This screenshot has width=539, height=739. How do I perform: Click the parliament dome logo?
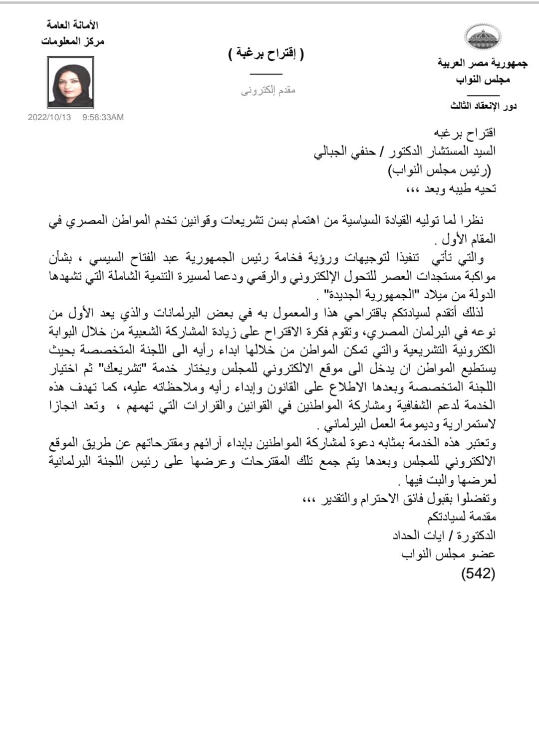(x=483, y=36)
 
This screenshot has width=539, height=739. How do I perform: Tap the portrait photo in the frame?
(x=70, y=82)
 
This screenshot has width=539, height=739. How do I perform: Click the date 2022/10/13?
(x=49, y=117)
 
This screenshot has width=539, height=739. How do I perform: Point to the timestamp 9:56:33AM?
(x=103, y=117)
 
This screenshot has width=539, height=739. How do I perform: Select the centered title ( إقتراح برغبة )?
(x=266, y=53)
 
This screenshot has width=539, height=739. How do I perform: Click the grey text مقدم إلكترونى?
(x=268, y=90)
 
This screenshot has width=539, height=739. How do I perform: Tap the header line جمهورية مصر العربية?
(x=482, y=63)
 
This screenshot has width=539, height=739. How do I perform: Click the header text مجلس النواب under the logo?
(x=483, y=79)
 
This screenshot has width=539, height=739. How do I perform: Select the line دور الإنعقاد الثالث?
(x=483, y=106)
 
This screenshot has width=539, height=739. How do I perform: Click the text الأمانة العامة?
(x=72, y=24)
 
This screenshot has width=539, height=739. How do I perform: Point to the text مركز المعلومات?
(x=72, y=41)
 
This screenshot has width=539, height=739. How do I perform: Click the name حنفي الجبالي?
(x=344, y=152)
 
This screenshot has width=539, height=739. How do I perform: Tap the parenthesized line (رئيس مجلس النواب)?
(x=440, y=170)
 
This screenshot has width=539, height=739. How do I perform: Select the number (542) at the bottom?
(x=478, y=573)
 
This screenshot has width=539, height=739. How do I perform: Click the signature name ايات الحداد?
(x=418, y=536)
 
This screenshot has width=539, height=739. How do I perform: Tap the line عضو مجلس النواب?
(x=448, y=554)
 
